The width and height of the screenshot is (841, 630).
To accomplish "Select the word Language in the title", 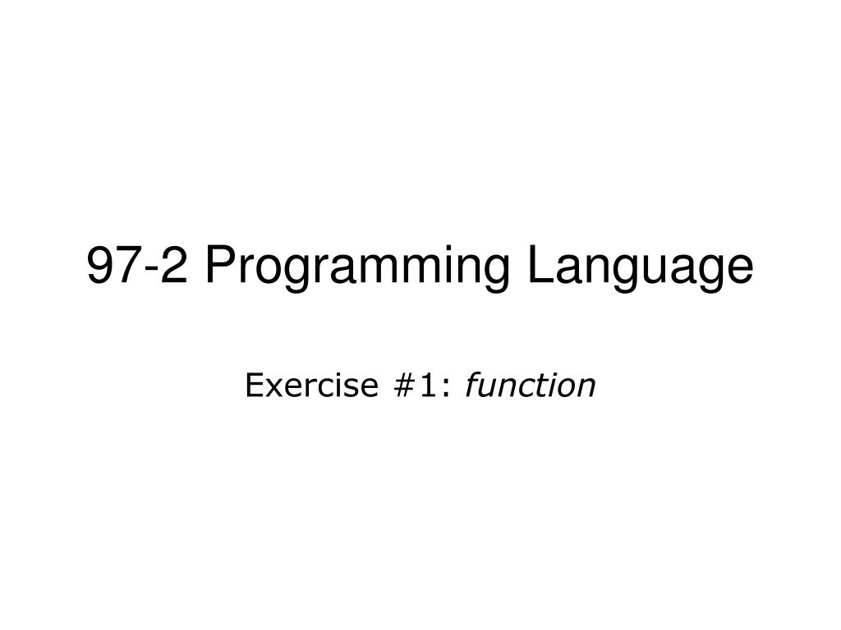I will coord(640,267).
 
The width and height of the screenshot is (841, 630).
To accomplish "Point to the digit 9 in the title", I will coord(100,267).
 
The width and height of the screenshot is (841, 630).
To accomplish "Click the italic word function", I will coord(530,386).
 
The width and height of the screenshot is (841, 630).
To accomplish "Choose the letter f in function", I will coord(473,386).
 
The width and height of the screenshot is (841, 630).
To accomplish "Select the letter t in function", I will coord(538,386).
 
